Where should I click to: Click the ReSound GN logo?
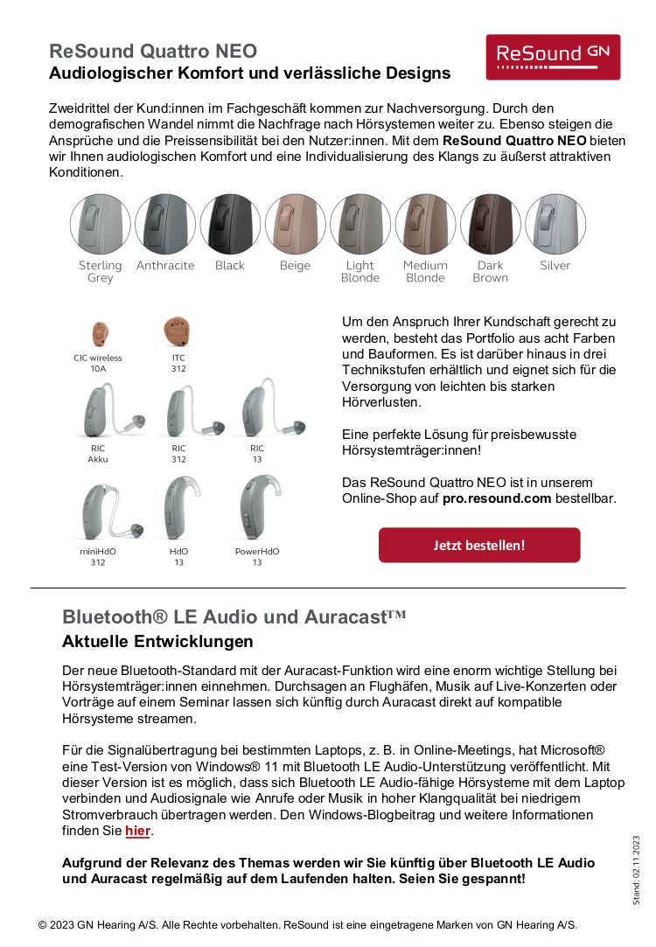[553, 57]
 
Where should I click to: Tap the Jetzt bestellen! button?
[479, 545]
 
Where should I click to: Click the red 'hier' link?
[137, 831]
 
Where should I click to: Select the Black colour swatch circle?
[230, 225]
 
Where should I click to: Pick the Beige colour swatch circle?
[296, 225]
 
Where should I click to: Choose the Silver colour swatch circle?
[555, 225]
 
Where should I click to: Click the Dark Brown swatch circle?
[490, 225]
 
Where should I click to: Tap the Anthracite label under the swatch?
[165, 266]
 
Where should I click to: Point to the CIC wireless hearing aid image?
[99, 333]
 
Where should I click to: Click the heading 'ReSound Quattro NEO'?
[153, 52]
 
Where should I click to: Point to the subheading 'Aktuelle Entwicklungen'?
[157, 642]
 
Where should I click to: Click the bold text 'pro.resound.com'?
[497, 498]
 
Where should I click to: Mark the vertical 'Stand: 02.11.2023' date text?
[637, 869]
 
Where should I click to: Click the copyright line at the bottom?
[307, 924]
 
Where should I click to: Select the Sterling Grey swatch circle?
[101, 225]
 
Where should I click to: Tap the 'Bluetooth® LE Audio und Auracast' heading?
[234, 616]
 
